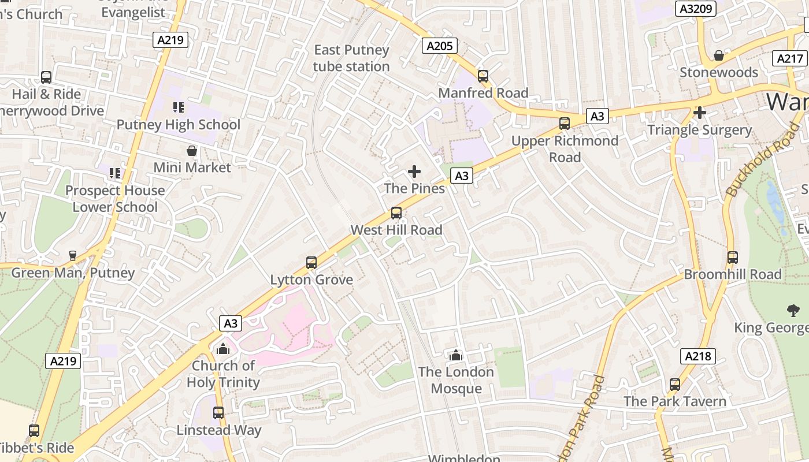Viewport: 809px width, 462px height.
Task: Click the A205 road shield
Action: point(440,46)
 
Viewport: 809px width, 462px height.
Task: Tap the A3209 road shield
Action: point(696,9)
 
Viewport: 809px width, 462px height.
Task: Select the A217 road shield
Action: point(790,58)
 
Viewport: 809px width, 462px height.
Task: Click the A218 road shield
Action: point(697,356)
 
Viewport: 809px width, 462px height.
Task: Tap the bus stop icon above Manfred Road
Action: point(483,76)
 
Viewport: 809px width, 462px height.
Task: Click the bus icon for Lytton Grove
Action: point(311,263)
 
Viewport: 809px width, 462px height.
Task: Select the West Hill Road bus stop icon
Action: point(396,213)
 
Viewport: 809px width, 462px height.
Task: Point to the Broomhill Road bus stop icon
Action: point(733,258)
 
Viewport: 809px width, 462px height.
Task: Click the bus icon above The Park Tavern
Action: point(674,385)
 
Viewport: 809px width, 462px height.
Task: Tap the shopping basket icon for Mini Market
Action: point(192,151)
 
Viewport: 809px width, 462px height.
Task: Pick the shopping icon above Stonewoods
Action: point(719,55)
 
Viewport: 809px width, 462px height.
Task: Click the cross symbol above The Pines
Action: point(414,172)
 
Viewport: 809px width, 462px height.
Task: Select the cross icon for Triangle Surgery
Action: point(700,113)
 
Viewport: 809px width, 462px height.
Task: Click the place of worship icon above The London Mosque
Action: point(457,355)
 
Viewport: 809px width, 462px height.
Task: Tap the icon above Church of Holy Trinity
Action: point(223,349)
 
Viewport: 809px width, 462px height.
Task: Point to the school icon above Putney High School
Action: point(179,107)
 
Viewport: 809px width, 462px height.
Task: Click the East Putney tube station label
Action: point(351,58)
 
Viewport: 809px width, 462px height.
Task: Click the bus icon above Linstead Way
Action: point(218,413)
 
